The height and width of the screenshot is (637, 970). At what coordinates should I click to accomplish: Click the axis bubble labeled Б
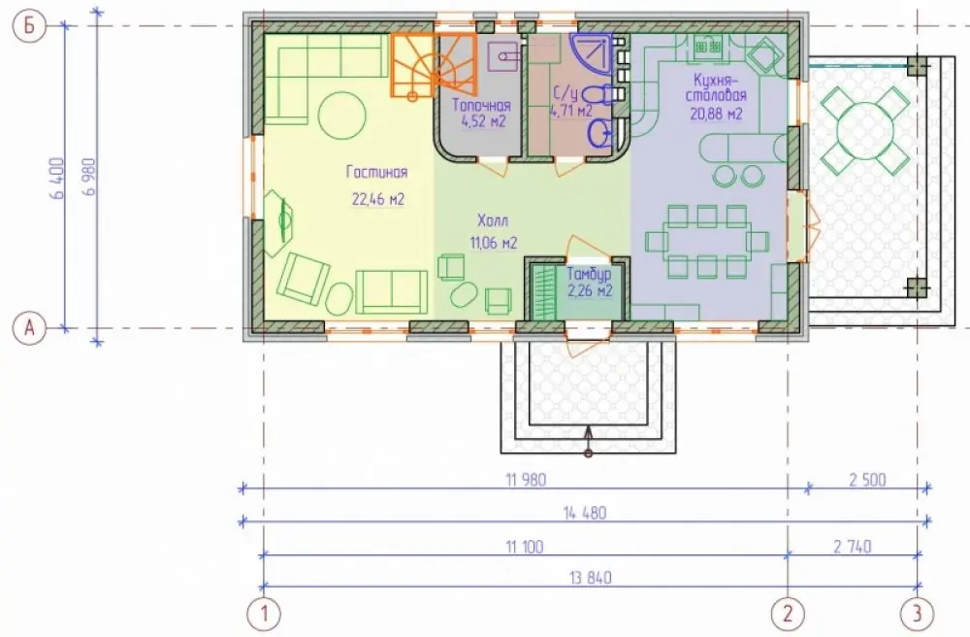(x=30, y=26)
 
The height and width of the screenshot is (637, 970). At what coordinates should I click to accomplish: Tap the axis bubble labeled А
(x=30, y=329)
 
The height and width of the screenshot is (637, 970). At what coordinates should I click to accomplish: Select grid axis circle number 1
(x=264, y=614)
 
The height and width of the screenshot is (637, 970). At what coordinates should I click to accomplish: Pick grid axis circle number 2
(x=788, y=614)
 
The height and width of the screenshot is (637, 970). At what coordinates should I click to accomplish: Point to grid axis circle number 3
(x=917, y=614)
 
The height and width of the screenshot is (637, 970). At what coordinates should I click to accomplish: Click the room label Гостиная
(x=376, y=172)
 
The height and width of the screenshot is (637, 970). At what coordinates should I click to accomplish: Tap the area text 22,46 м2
(x=378, y=199)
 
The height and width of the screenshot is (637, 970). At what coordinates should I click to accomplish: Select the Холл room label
(x=493, y=221)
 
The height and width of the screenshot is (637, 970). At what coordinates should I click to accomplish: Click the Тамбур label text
(x=590, y=274)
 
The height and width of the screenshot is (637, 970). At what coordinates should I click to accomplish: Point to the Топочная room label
(x=481, y=105)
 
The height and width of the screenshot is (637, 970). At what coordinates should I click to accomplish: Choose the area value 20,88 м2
(x=718, y=114)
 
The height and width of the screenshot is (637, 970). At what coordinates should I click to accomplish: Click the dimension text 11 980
(x=526, y=480)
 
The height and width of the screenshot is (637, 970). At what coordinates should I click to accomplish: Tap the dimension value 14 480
(x=585, y=513)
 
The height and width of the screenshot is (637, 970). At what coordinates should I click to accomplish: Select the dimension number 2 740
(x=853, y=546)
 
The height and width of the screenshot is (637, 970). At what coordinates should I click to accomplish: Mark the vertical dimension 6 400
(x=57, y=178)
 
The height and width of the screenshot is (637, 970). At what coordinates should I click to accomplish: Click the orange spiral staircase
(x=433, y=65)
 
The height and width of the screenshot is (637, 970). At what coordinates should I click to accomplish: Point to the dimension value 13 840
(x=591, y=578)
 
